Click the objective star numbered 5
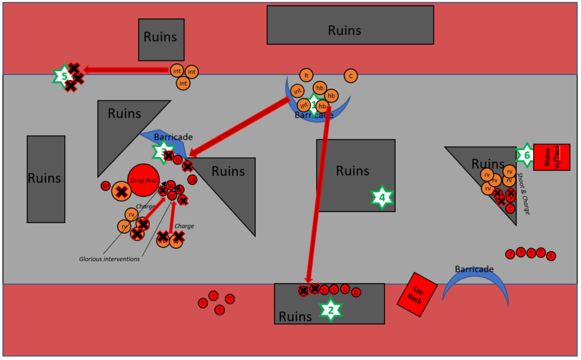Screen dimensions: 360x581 (x=64, y=76)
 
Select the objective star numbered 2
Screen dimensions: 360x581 (x=330, y=311)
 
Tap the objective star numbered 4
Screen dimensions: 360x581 (x=381, y=198)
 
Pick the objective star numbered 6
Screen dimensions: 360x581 (x=525, y=155)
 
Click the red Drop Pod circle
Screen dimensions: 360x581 (x=143, y=181)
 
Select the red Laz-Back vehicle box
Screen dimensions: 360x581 (x=417, y=294)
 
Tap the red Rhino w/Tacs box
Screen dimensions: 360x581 (x=552, y=156)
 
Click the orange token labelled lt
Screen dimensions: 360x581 (x=307, y=75)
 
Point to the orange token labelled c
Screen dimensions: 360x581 (x=350, y=76)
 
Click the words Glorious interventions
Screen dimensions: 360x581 (x=109, y=259)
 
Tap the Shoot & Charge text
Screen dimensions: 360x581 (x=524, y=193)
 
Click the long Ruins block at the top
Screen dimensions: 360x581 (x=350, y=25)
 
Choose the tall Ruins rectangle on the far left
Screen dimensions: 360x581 (x=46, y=179)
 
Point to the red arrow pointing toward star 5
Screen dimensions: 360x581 (x=126, y=70)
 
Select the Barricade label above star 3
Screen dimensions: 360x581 (x=173, y=138)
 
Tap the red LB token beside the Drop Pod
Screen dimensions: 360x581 (x=192, y=180)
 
